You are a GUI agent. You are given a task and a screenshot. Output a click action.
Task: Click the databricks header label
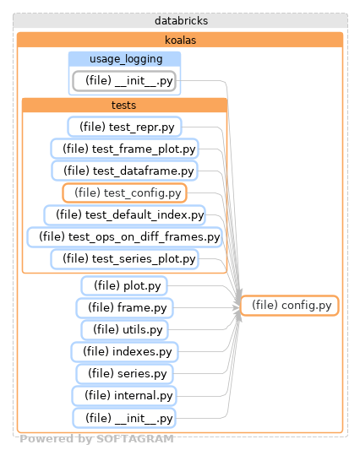click(181, 19)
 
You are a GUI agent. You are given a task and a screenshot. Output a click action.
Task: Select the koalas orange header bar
click(181, 40)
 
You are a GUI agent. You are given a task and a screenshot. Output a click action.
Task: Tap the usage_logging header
click(124, 59)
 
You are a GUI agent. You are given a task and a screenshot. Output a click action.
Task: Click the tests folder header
click(124, 106)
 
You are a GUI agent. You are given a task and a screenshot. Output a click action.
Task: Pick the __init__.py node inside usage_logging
click(124, 81)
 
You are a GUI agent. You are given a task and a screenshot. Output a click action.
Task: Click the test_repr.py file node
click(124, 127)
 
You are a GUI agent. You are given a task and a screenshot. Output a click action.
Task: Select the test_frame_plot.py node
click(124, 149)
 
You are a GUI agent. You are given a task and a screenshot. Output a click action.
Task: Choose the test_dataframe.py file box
click(124, 171)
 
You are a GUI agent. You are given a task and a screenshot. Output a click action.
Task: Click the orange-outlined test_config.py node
click(124, 192)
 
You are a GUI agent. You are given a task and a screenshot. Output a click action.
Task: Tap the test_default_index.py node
click(124, 214)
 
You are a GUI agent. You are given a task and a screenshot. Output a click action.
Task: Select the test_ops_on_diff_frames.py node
click(124, 236)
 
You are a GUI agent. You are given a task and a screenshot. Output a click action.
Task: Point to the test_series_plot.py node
click(124, 258)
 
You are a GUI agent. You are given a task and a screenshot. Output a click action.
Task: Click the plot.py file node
click(124, 285)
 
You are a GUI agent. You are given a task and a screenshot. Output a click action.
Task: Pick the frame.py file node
click(124, 307)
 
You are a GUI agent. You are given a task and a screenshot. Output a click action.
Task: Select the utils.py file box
click(124, 329)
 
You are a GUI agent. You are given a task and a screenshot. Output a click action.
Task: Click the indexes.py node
click(124, 351)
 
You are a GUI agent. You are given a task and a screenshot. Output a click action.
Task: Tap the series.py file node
click(124, 373)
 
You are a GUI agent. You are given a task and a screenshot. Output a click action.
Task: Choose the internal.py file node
click(124, 395)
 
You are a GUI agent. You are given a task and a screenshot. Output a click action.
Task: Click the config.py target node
click(290, 306)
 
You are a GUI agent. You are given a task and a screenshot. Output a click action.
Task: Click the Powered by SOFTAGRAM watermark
click(96, 439)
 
